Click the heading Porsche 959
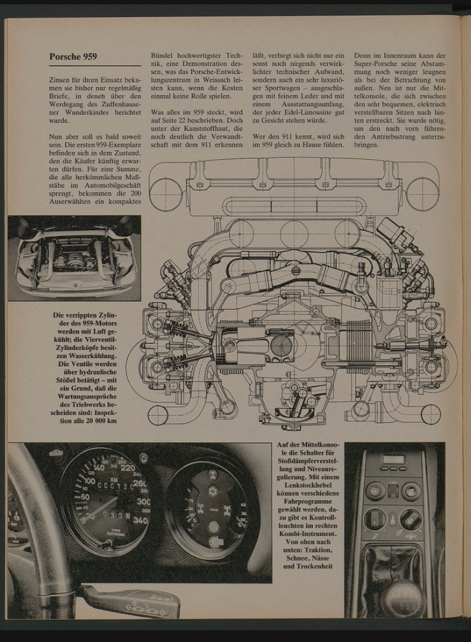[73, 56]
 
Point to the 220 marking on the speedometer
[127, 468]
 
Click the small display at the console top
[392, 459]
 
